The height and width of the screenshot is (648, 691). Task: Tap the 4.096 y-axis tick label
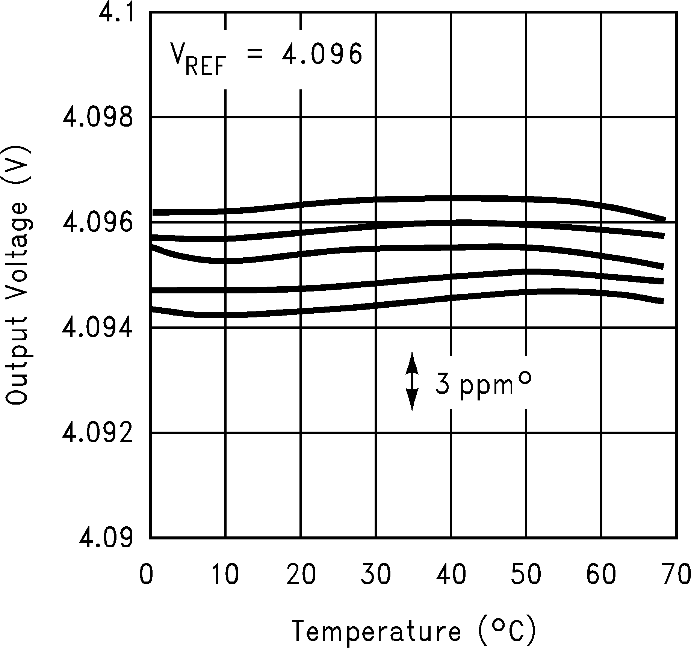[98, 223]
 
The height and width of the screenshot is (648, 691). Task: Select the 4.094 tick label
[98, 328]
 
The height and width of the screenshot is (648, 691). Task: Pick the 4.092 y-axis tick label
[98, 433]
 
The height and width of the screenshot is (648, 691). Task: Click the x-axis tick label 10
[225, 575]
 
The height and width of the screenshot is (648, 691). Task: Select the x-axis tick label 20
[301, 575]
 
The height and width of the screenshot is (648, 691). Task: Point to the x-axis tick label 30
[376, 575]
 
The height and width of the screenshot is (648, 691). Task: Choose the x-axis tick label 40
[451, 575]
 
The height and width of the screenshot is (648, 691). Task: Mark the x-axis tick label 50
[526, 575]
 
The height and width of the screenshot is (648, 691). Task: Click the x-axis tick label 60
[601, 575]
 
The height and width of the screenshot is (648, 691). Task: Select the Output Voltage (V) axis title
[17, 276]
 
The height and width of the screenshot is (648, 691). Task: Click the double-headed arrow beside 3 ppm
[412, 381]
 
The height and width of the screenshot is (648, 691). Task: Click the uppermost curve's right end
[664, 219]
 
